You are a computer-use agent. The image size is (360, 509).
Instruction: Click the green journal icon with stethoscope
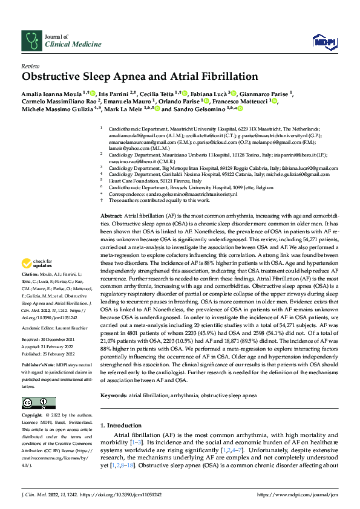click(31, 41)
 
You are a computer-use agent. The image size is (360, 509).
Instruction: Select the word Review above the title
click(30, 66)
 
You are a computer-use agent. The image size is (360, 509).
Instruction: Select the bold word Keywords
click(113, 395)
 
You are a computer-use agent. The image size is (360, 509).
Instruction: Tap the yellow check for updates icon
click(34, 264)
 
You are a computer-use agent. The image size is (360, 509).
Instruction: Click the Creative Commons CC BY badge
click(34, 403)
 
